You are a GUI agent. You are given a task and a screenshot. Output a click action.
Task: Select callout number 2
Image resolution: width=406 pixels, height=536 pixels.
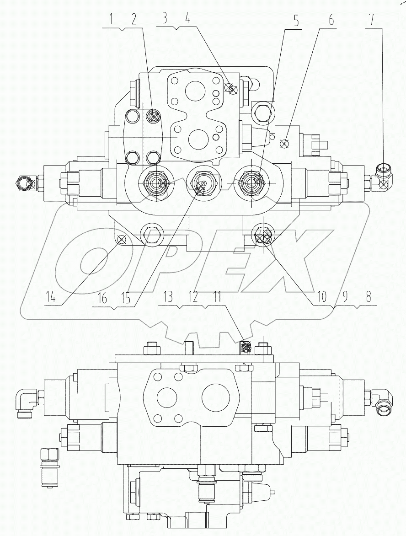[133, 20]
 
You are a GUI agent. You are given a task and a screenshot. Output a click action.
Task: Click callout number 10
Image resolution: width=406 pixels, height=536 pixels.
[323, 297]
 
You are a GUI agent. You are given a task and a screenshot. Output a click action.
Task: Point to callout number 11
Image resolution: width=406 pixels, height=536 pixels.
[217, 298]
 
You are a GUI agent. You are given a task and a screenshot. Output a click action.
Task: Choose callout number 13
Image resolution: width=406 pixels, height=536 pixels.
[168, 298]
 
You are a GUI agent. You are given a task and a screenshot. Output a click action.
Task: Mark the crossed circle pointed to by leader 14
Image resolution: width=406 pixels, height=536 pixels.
[121, 239]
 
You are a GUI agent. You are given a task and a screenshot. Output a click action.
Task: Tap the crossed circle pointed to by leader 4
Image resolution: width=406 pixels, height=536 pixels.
[232, 89]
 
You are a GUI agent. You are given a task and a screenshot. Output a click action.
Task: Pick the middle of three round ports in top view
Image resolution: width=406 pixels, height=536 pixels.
[200, 183]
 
